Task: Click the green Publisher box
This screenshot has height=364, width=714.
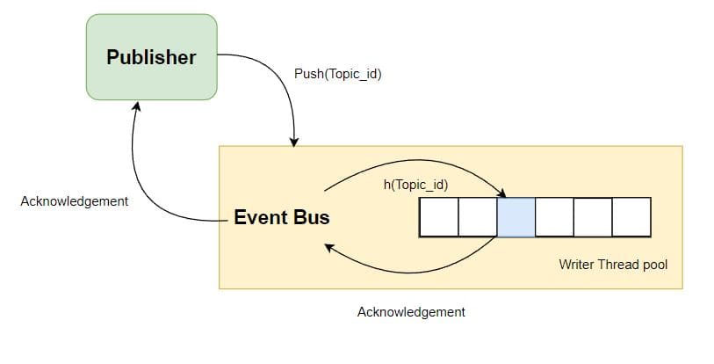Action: [151, 56]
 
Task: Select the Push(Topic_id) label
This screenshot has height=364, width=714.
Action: [337, 74]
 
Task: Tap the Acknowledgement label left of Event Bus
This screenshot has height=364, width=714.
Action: [74, 201]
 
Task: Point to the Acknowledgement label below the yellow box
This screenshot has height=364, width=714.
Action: [411, 312]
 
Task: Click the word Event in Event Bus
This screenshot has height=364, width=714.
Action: [261, 217]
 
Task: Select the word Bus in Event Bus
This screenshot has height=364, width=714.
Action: [312, 217]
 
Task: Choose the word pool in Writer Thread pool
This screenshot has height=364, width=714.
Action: [654, 264]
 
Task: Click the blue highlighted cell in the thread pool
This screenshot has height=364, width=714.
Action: [516, 217]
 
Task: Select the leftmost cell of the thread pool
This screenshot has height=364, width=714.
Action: [438, 217]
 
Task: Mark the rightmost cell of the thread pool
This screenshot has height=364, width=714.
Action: [631, 217]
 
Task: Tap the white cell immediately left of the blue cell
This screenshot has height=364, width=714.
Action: [477, 217]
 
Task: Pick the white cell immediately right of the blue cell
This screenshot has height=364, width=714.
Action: [554, 217]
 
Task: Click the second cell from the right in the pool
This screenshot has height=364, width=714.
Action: [593, 217]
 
